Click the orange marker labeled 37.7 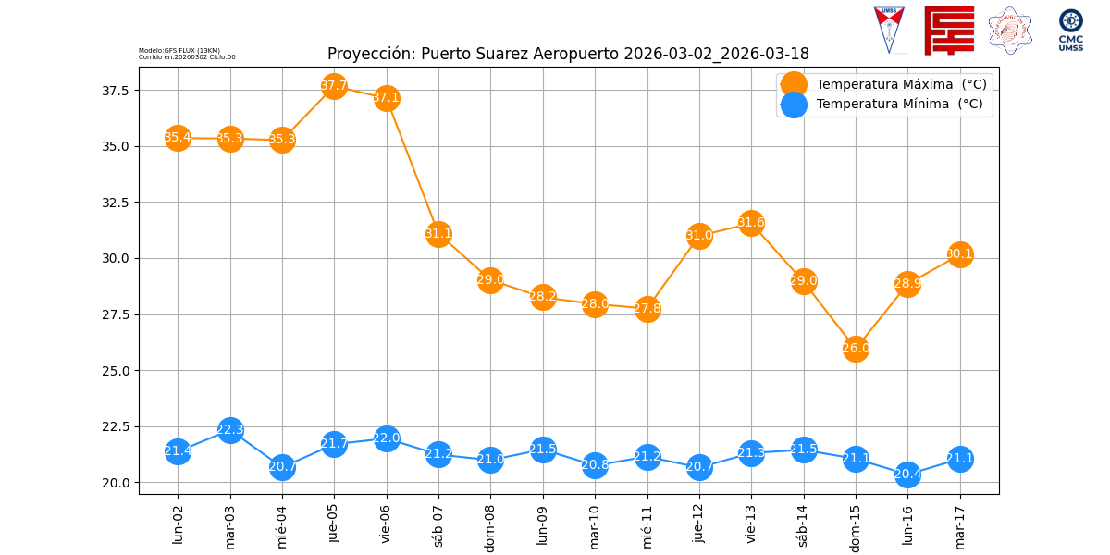click(x=334, y=86)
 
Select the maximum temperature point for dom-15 click(x=856, y=349)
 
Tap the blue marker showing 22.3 click(x=230, y=430)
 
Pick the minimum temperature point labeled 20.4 click(x=907, y=475)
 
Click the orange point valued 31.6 click(x=751, y=223)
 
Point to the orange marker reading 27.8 click(x=647, y=309)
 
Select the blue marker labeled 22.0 click(x=387, y=438)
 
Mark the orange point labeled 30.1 click(x=960, y=254)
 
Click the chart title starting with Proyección click(x=568, y=54)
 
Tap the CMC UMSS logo click(x=1071, y=31)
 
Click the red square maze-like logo click(x=949, y=31)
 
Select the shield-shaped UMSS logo click(x=889, y=30)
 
